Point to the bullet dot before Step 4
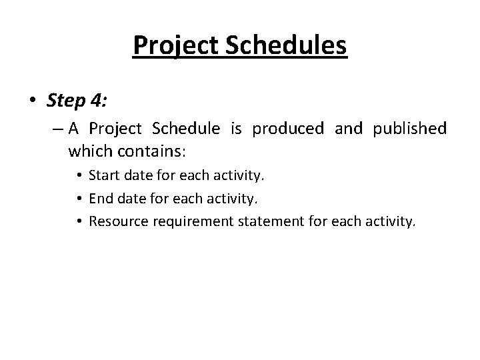point(33,101)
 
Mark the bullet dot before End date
point(79,199)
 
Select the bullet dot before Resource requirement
point(79,221)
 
